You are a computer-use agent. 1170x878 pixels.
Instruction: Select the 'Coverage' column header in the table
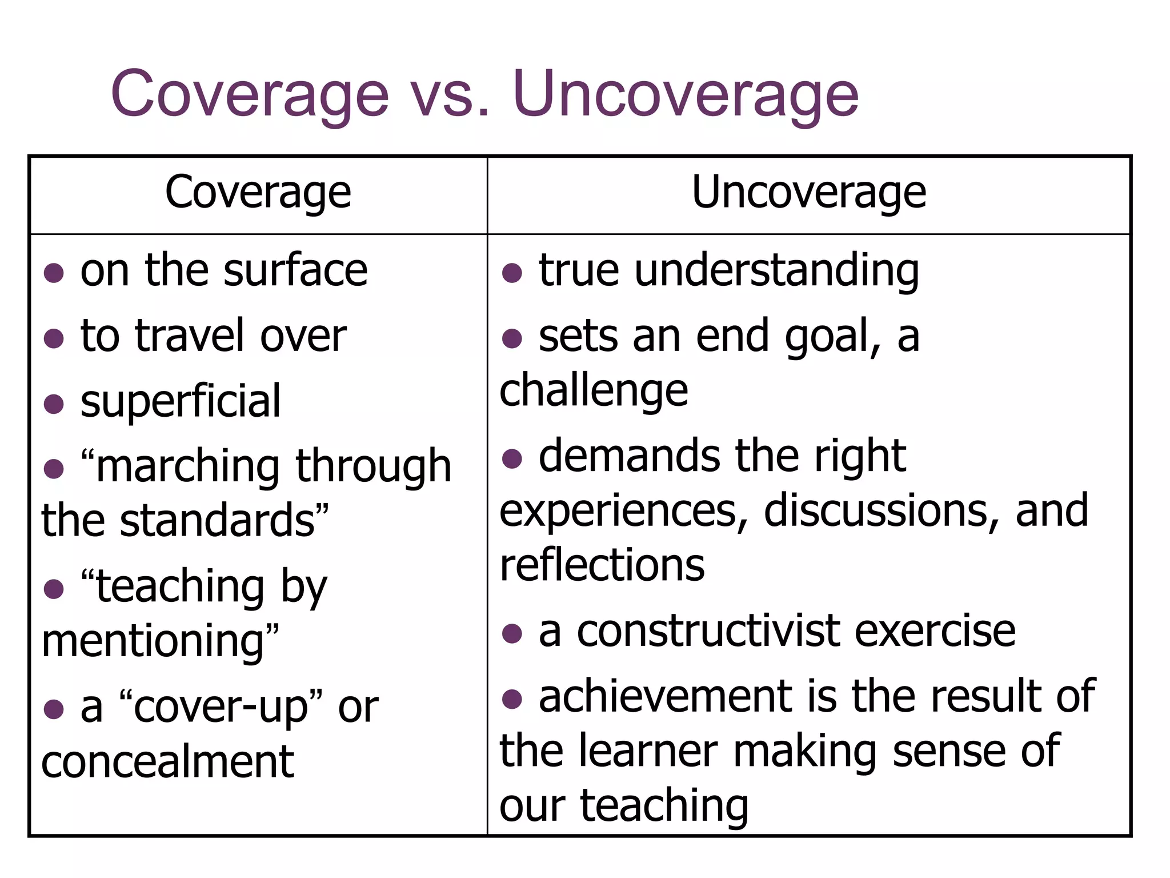(258, 193)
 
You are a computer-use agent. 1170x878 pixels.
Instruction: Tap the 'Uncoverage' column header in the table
(808, 193)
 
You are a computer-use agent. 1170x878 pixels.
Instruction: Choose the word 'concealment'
(167, 763)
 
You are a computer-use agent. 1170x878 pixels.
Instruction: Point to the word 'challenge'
(594, 391)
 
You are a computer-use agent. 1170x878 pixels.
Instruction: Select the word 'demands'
(629, 457)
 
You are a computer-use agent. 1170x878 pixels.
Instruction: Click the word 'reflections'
(602, 565)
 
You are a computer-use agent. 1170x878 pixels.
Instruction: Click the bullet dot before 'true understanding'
(512, 273)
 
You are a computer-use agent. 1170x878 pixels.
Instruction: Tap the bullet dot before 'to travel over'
(54, 338)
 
